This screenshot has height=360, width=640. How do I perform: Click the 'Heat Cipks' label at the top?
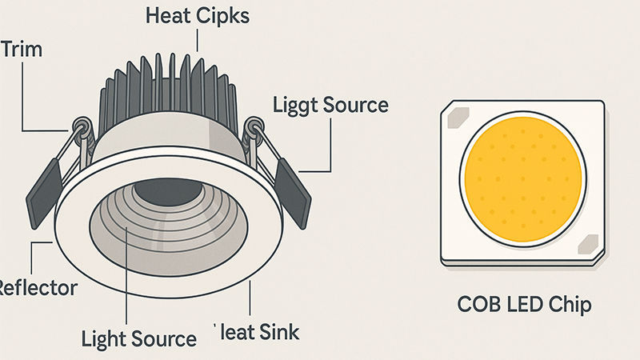pyautogui.click(x=197, y=16)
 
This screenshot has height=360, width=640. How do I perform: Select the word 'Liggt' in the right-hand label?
pyautogui.click(x=296, y=106)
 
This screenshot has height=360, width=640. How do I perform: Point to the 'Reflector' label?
pyautogui.click(x=38, y=287)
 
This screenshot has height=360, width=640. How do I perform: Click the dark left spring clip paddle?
pyautogui.click(x=46, y=191)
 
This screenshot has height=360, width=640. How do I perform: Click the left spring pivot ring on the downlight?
pyautogui.click(x=82, y=126)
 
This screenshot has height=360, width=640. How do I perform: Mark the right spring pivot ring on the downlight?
pyautogui.click(x=255, y=126)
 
